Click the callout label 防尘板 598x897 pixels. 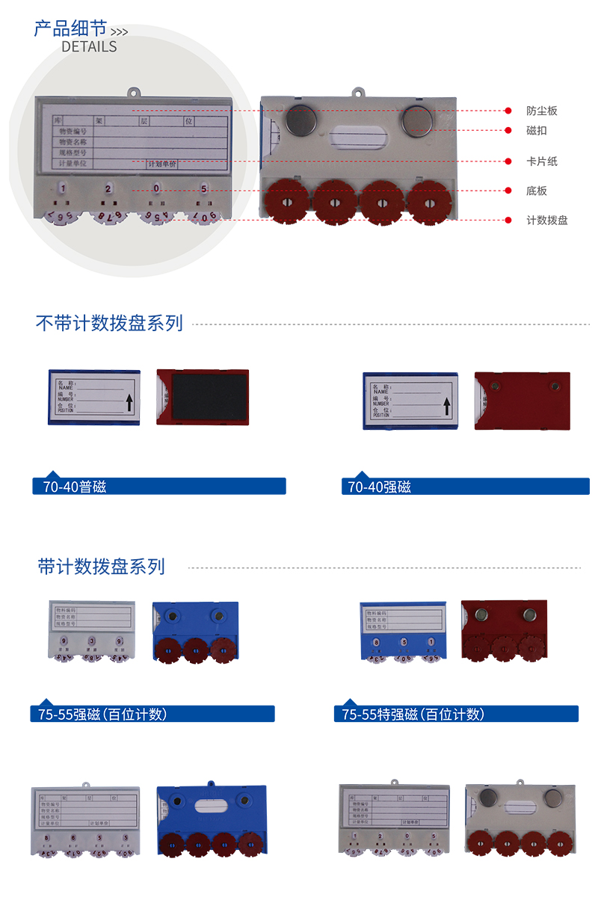click(541, 111)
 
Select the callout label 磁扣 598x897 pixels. click(536, 130)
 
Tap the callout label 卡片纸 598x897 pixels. click(541, 161)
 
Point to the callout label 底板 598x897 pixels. click(536, 191)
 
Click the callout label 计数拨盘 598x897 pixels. click(546, 221)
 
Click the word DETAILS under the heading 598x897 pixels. click(89, 46)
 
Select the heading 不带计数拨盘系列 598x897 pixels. click(109, 324)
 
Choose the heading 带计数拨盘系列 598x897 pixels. click(101, 567)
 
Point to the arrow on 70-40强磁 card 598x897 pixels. click(446, 406)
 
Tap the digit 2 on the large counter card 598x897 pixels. click(108, 189)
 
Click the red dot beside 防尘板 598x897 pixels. click(508, 111)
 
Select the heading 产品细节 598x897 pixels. click(70, 28)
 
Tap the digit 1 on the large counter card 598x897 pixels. click(64, 189)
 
